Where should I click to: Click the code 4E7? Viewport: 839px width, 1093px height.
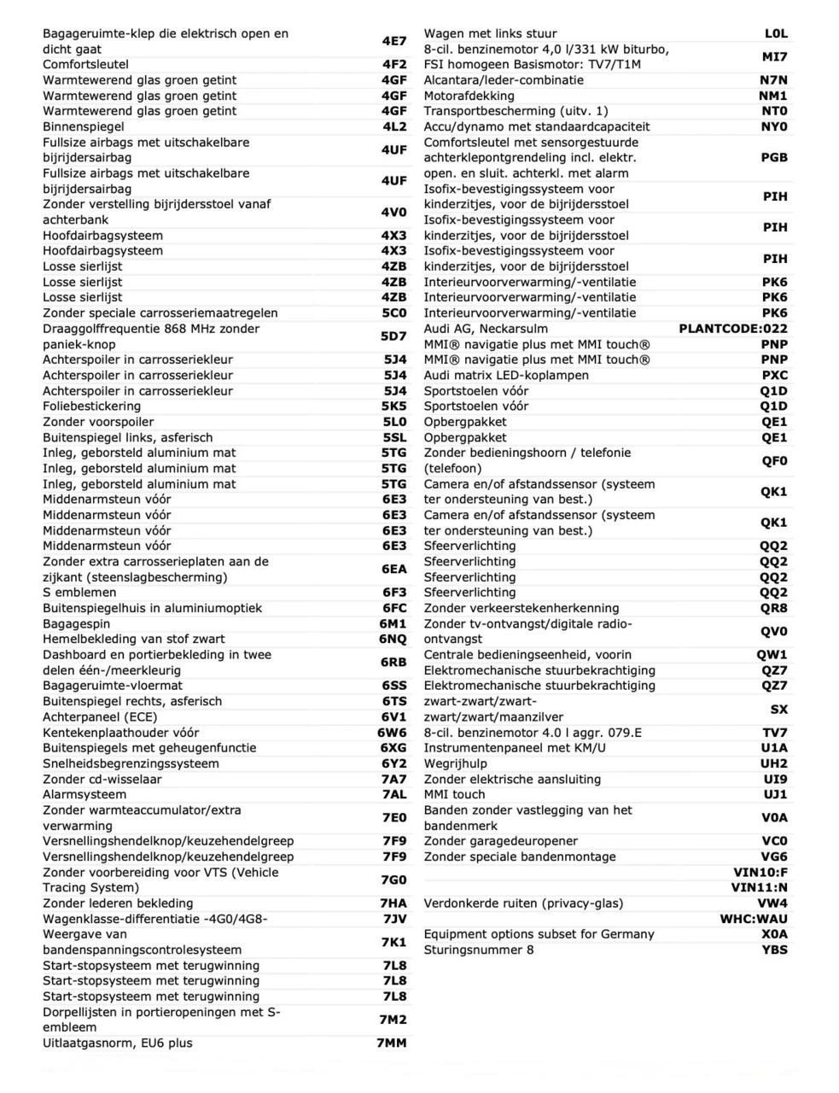pyautogui.click(x=393, y=41)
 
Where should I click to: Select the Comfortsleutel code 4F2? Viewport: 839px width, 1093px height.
pyautogui.click(x=393, y=64)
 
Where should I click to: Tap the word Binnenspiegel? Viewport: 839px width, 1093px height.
pyautogui.click(x=84, y=126)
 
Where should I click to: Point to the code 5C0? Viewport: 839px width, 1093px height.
pyautogui.click(x=393, y=313)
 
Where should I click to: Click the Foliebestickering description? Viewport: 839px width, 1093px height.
pyautogui.click(x=92, y=406)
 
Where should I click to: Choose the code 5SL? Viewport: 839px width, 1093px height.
pyautogui.click(x=393, y=437)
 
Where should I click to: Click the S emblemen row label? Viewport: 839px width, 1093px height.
pyautogui.click(x=79, y=593)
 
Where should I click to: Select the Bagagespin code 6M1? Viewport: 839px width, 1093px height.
pyautogui.click(x=393, y=623)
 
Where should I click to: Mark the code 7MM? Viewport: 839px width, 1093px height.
pyautogui.click(x=391, y=1043)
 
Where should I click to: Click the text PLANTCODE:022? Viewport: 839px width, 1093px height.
pyautogui.click(x=733, y=329)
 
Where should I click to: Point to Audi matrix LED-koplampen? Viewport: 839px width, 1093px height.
pyautogui.click(x=506, y=375)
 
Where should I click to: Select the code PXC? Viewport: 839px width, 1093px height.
pyautogui.click(x=774, y=375)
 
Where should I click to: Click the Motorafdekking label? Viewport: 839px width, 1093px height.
pyautogui.click(x=469, y=96)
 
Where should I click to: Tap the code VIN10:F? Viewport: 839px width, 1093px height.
pyautogui.click(x=760, y=872)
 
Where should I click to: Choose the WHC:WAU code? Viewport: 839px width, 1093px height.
pyautogui.click(x=754, y=919)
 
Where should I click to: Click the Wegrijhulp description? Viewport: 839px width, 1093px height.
pyautogui.click(x=456, y=763)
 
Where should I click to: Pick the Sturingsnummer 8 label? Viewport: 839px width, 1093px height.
pyautogui.click(x=479, y=950)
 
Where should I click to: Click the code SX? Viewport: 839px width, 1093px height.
pyautogui.click(x=778, y=709)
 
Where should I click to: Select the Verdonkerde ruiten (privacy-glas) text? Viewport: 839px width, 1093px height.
pyautogui.click(x=523, y=903)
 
